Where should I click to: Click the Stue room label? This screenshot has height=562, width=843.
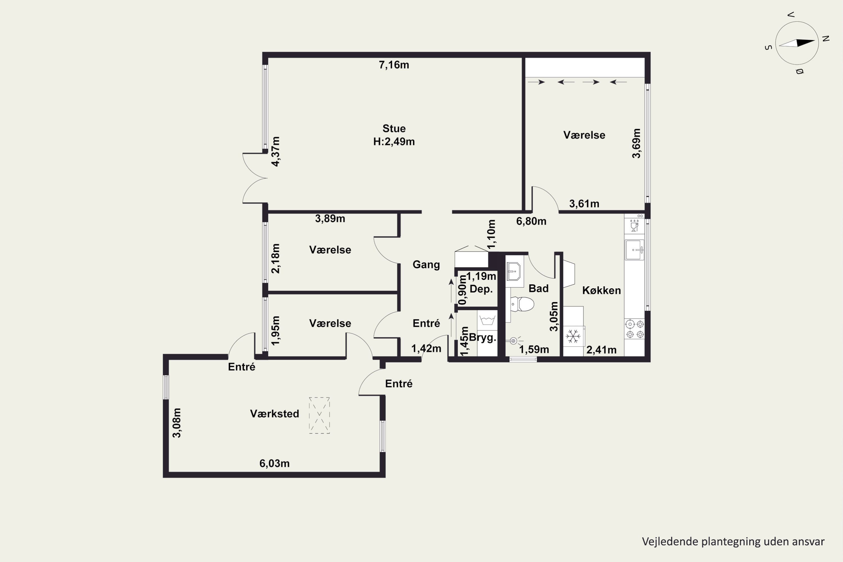click(394, 128)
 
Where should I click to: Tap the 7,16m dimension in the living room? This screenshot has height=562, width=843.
click(394, 65)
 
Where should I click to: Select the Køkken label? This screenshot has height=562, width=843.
click(601, 290)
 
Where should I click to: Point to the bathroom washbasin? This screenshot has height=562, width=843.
click(514, 271)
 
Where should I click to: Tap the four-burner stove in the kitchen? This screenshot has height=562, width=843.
click(635, 329)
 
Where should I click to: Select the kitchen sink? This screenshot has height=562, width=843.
click(634, 250)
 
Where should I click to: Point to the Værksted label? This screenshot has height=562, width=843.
click(275, 414)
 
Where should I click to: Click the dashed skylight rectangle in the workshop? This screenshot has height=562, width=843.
click(319, 415)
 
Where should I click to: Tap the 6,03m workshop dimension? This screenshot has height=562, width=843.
click(275, 463)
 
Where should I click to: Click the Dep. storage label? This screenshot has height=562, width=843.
click(481, 289)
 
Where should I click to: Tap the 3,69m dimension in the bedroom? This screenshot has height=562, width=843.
click(636, 143)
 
